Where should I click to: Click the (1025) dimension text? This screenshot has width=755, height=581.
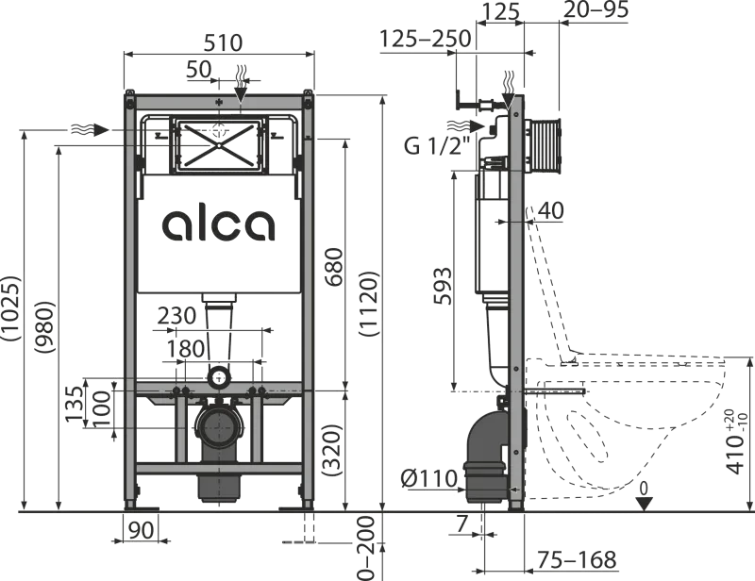coord(11,307)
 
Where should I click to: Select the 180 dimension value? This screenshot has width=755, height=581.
coord(184,348)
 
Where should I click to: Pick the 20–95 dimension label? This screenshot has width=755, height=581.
coord(596,12)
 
